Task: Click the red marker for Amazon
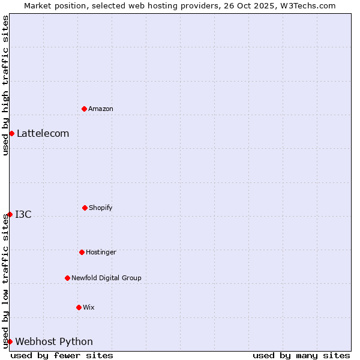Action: [85, 109]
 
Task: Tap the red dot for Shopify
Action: [85, 208]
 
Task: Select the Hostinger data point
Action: [82, 252]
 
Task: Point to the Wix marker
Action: [79, 307]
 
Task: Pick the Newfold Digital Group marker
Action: [67, 278]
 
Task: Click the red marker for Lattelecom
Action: [11, 133]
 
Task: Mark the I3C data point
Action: [10, 214]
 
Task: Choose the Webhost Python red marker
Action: [10, 341]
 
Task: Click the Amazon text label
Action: [101, 109]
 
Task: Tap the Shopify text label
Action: [101, 208]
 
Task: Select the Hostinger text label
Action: [101, 252]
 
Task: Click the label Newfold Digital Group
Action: [106, 278]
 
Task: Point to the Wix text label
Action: [89, 307]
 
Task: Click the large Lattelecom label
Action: [43, 133]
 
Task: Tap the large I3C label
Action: [23, 214]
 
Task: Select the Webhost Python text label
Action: [54, 341]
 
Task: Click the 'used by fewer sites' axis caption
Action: [62, 355]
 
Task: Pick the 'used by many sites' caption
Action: [301, 355]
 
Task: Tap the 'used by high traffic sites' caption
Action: [5, 85]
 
